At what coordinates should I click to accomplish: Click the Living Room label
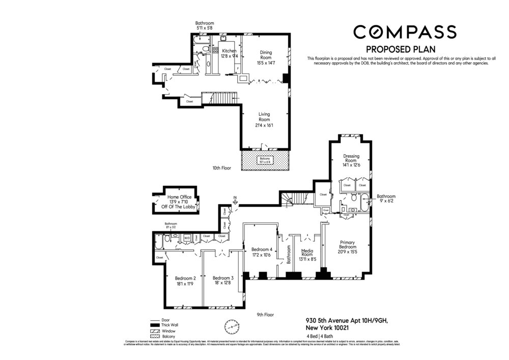tap(264, 120)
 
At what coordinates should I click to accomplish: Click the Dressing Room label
tap(351, 160)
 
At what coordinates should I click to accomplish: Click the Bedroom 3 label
tap(223, 281)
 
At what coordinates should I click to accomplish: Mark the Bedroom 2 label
tap(185, 281)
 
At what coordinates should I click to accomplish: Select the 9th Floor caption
tap(265, 315)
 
